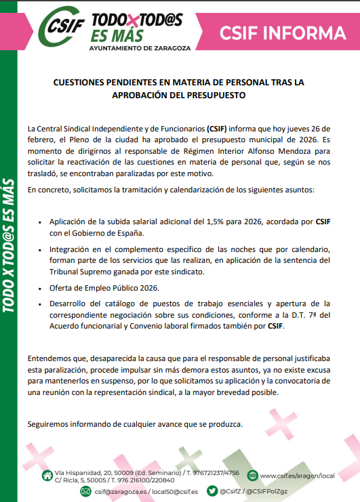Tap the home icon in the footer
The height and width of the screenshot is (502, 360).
(x=46, y=474)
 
